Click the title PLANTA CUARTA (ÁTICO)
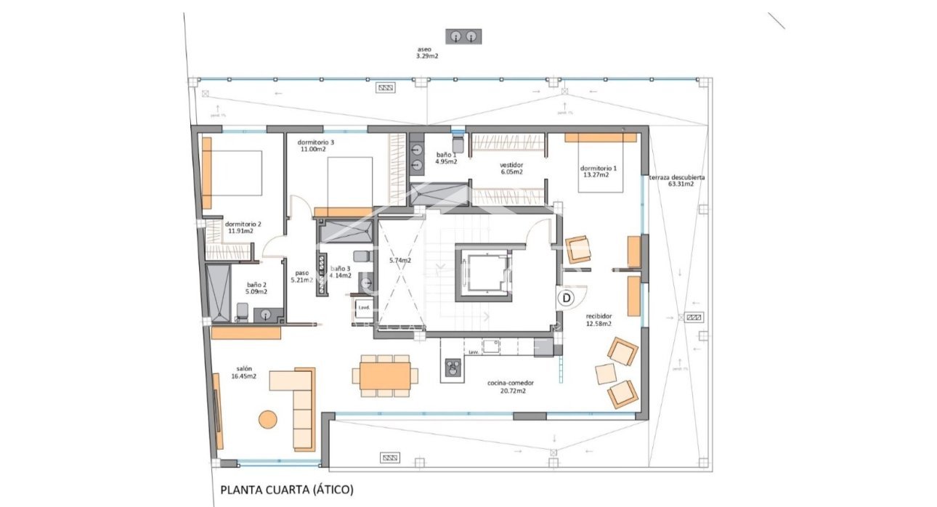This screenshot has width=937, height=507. (x=287, y=490)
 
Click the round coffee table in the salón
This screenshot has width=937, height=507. (x=268, y=420)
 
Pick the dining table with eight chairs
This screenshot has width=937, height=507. (x=385, y=376)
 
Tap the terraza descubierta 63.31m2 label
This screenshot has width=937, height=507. (x=677, y=180)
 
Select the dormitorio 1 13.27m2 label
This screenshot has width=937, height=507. (x=599, y=171)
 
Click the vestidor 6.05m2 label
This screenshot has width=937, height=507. (x=511, y=169)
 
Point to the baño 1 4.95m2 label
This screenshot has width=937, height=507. (x=446, y=158)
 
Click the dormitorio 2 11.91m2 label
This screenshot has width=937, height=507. (x=243, y=227)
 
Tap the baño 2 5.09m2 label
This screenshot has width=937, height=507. (x=256, y=288)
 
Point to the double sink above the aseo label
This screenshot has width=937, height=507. (x=464, y=36)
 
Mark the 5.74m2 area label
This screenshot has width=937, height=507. (x=399, y=260)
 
